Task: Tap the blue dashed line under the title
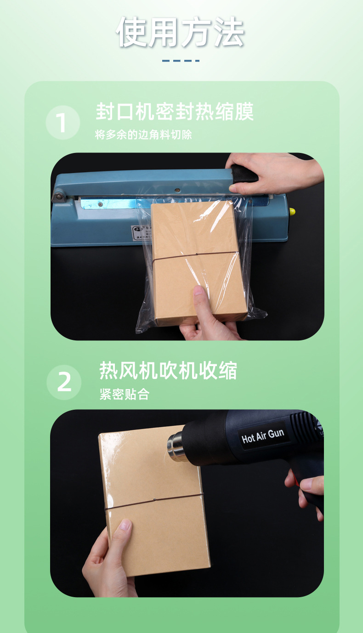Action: point(181,61)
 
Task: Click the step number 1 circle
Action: point(63,123)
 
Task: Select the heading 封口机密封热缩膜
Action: point(175,112)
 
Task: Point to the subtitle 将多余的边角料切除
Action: point(143,135)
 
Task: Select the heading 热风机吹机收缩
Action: point(168,371)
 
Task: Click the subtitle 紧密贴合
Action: point(124,394)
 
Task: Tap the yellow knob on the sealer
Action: point(292,212)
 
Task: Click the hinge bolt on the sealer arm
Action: point(58,197)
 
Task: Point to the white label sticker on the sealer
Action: point(140,232)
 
